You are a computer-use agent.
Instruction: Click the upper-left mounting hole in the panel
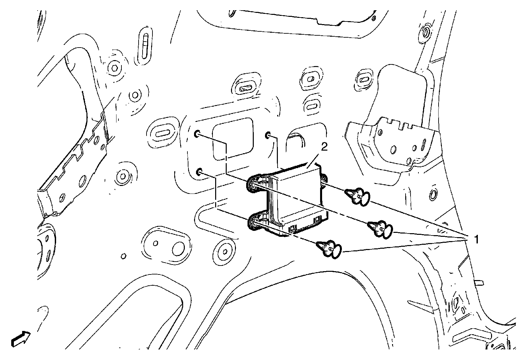[x=197, y=134]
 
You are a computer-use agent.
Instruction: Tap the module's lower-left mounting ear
[x=256, y=224]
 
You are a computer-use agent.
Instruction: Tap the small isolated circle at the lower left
[x=123, y=256]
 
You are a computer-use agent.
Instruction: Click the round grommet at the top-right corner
[x=425, y=32]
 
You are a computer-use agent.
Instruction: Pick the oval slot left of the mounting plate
[x=162, y=133]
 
